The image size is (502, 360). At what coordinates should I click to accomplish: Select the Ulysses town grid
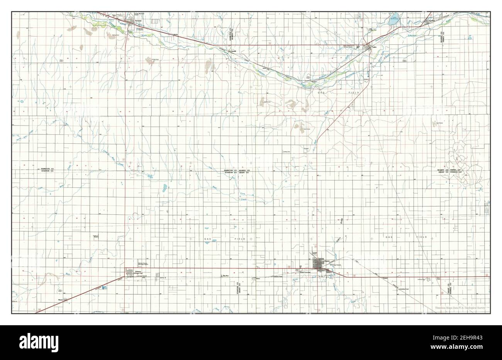(x=319, y=265)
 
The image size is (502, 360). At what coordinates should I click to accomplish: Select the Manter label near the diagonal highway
(x=61, y=299)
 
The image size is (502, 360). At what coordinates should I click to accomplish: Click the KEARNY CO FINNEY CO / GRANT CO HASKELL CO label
(x=449, y=171)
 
